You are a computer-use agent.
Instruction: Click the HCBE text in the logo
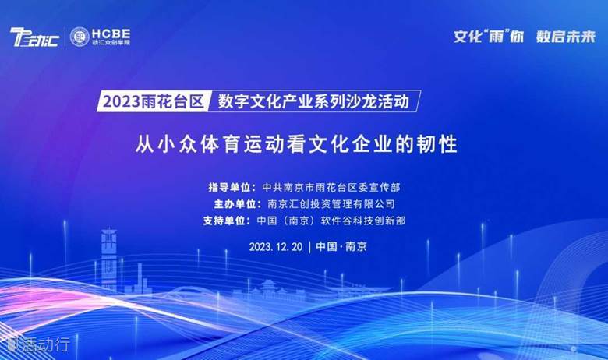click(x=111, y=34)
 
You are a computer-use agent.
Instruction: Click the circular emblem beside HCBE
click(x=80, y=37)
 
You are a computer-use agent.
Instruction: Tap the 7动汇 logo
click(x=34, y=37)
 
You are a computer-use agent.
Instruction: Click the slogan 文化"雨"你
click(x=489, y=37)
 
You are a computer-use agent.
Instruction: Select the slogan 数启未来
click(x=566, y=37)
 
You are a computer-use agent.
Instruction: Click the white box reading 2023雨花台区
click(x=153, y=101)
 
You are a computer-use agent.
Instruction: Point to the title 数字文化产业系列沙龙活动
click(x=313, y=101)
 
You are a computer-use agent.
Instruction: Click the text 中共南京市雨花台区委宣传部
click(x=331, y=188)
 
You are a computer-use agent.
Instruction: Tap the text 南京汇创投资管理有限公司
click(x=331, y=204)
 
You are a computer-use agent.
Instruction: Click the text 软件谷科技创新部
click(x=363, y=221)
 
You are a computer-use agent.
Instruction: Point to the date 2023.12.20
click(x=276, y=247)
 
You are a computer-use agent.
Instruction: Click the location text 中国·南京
click(x=341, y=247)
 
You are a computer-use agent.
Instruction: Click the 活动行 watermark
click(x=39, y=344)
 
